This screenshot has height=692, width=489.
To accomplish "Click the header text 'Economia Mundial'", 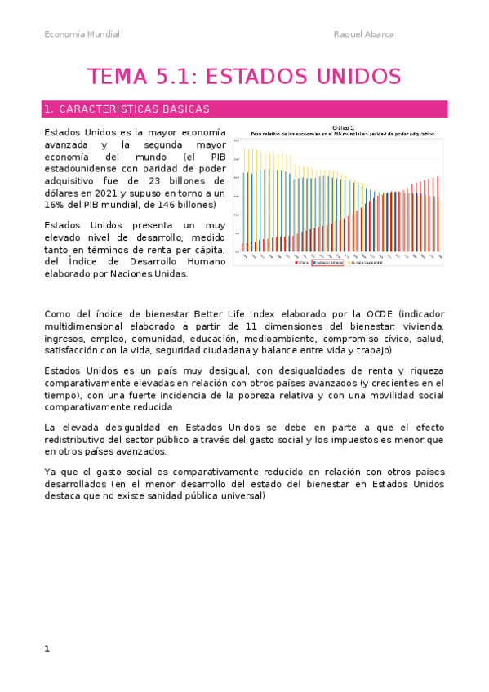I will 82,34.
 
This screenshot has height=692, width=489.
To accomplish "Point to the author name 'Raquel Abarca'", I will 364,34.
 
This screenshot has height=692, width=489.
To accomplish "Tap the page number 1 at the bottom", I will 47,649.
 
